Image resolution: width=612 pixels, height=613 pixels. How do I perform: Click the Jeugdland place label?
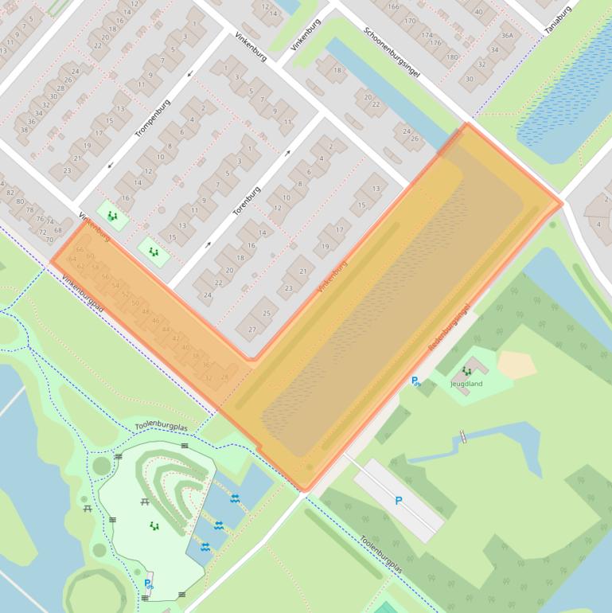tap(466, 384)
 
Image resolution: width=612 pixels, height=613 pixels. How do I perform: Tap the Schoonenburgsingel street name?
tap(391, 53)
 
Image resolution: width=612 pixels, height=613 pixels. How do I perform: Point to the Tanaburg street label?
tap(558, 20)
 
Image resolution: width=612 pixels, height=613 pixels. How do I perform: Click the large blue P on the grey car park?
tap(399, 501)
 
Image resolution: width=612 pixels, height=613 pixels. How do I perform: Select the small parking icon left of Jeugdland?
tap(415, 381)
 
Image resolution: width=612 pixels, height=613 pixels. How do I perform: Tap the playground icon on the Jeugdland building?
tap(466, 371)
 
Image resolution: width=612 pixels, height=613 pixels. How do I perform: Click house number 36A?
tap(507, 36)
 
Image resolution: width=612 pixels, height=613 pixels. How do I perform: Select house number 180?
tap(452, 57)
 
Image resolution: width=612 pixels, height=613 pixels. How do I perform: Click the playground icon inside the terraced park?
tap(154, 525)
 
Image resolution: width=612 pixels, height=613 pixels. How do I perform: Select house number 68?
tap(57, 230)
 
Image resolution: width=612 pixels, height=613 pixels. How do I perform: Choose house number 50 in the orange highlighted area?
tap(135, 303)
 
